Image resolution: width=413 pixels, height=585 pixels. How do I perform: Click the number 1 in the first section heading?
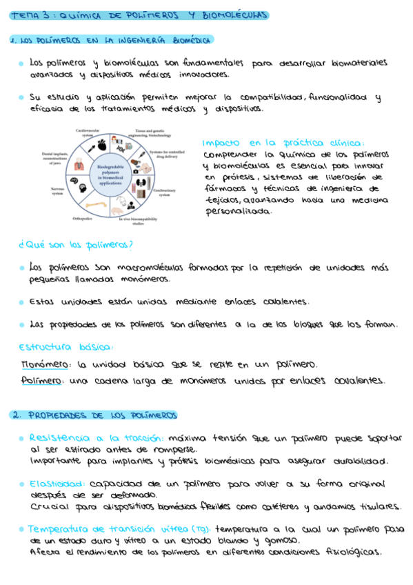pos(13,40)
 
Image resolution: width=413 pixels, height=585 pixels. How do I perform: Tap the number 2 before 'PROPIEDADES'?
pos(14,415)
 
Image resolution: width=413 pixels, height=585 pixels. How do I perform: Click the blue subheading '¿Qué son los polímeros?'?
pos(77,244)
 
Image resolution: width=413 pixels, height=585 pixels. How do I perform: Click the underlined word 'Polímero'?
pos(43,380)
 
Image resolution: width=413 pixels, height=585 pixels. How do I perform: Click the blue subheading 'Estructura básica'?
pos(66,347)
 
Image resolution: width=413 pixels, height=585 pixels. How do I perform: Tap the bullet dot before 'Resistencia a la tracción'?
pos(22,438)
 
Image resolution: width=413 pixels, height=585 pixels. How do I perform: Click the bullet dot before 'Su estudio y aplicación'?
pos(21,98)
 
